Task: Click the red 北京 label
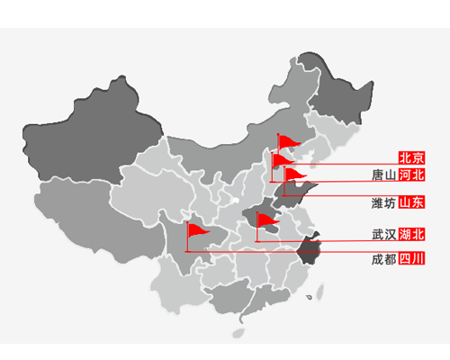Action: click(411, 157)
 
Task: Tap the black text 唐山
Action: click(384, 175)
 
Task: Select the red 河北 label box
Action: click(411, 175)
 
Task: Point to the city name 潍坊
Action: click(383, 203)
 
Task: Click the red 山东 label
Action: click(411, 202)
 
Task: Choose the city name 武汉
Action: click(384, 234)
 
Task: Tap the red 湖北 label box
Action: click(411, 234)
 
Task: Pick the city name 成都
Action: click(384, 259)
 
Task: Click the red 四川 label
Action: click(411, 258)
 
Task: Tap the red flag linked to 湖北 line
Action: click(267, 220)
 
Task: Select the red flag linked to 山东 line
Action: click(294, 174)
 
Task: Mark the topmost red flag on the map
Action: click(289, 141)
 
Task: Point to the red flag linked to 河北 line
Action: click(282, 160)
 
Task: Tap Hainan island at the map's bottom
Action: click(238, 333)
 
